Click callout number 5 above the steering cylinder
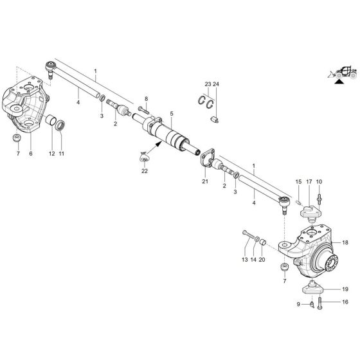[171, 114]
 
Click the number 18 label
[345, 243]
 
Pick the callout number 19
[345, 289]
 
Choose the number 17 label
[309, 182]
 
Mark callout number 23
[208, 84]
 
